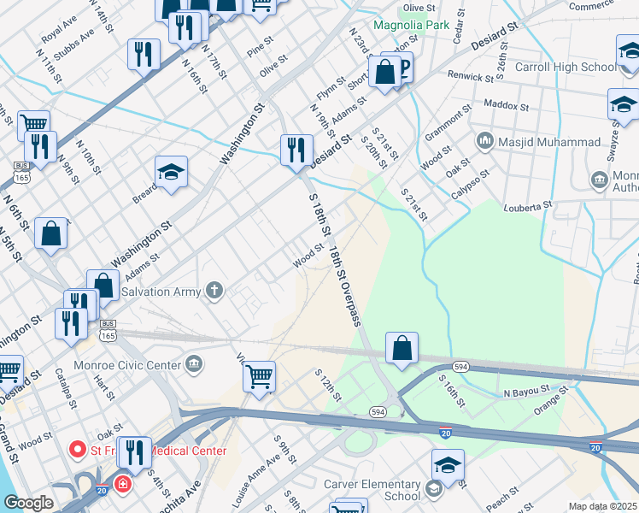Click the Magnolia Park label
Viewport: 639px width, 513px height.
click(x=412, y=25)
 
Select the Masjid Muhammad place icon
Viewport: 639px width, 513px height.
click(x=484, y=139)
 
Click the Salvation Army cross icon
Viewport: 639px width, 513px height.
click(x=214, y=292)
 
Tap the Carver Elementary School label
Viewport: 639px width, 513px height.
click(x=372, y=489)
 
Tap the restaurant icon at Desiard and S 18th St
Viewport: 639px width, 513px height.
click(x=296, y=150)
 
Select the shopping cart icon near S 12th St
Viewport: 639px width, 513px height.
click(x=259, y=375)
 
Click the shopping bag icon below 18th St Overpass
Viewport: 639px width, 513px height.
click(x=402, y=348)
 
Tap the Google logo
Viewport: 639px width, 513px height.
click(x=28, y=503)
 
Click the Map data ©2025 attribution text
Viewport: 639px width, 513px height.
click(x=602, y=506)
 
